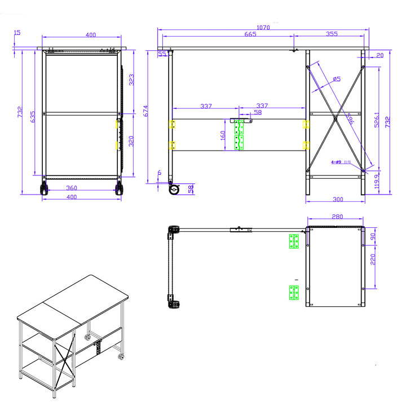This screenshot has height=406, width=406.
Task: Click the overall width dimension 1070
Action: (263, 27)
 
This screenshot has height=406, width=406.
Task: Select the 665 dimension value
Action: (250, 34)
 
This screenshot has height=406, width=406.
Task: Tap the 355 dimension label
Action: (332, 34)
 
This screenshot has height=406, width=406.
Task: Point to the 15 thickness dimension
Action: (17, 33)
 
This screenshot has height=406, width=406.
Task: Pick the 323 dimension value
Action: (131, 80)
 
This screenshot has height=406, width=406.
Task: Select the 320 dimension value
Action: (131, 141)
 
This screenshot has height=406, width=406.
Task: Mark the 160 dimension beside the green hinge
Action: (223, 136)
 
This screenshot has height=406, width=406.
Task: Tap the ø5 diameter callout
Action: (336, 80)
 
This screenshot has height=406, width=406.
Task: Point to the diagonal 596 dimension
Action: (350, 120)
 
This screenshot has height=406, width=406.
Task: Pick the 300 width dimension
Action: (338, 200)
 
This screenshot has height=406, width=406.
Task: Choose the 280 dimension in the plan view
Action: (338, 217)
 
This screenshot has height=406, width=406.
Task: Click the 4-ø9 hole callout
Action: (337, 162)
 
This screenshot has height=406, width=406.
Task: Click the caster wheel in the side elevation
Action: (173, 190)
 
